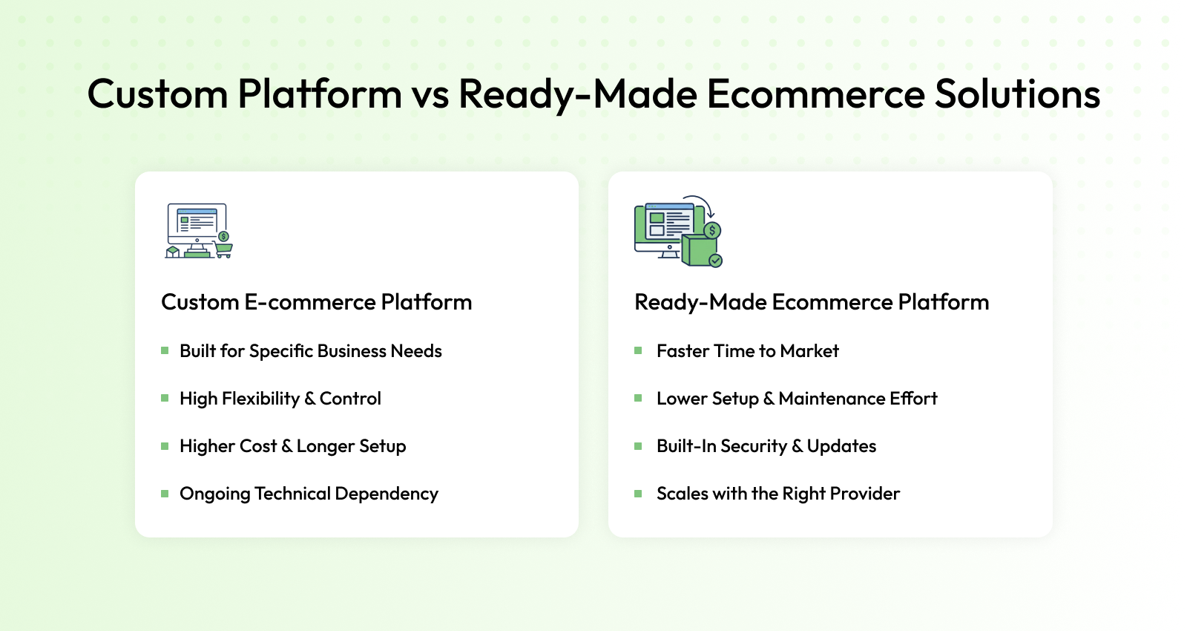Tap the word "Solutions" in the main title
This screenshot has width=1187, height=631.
tap(1017, 94)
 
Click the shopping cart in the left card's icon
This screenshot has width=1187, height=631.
tap(223, 249)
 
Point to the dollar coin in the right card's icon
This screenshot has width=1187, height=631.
tap(712, 230)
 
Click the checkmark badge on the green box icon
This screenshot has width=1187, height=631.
tap(715, 261)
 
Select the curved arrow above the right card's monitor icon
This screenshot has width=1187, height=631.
tap(700, 205)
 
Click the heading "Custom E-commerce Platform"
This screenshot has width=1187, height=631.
tap(316, 302)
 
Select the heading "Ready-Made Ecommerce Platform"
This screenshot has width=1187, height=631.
tap(812, 302)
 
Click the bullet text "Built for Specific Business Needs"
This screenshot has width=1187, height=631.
tap(311, 351)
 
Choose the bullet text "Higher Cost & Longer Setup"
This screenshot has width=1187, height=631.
tap(293, 446)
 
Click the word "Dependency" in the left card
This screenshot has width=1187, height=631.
tap(387, 494)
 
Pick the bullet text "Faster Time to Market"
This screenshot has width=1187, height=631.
tap(748, 351)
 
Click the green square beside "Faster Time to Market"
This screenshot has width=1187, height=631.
tap(638, 350)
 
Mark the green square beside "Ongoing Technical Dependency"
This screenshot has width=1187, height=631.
tap(165, 494)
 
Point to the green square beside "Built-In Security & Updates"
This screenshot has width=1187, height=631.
tap(638, 446)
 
